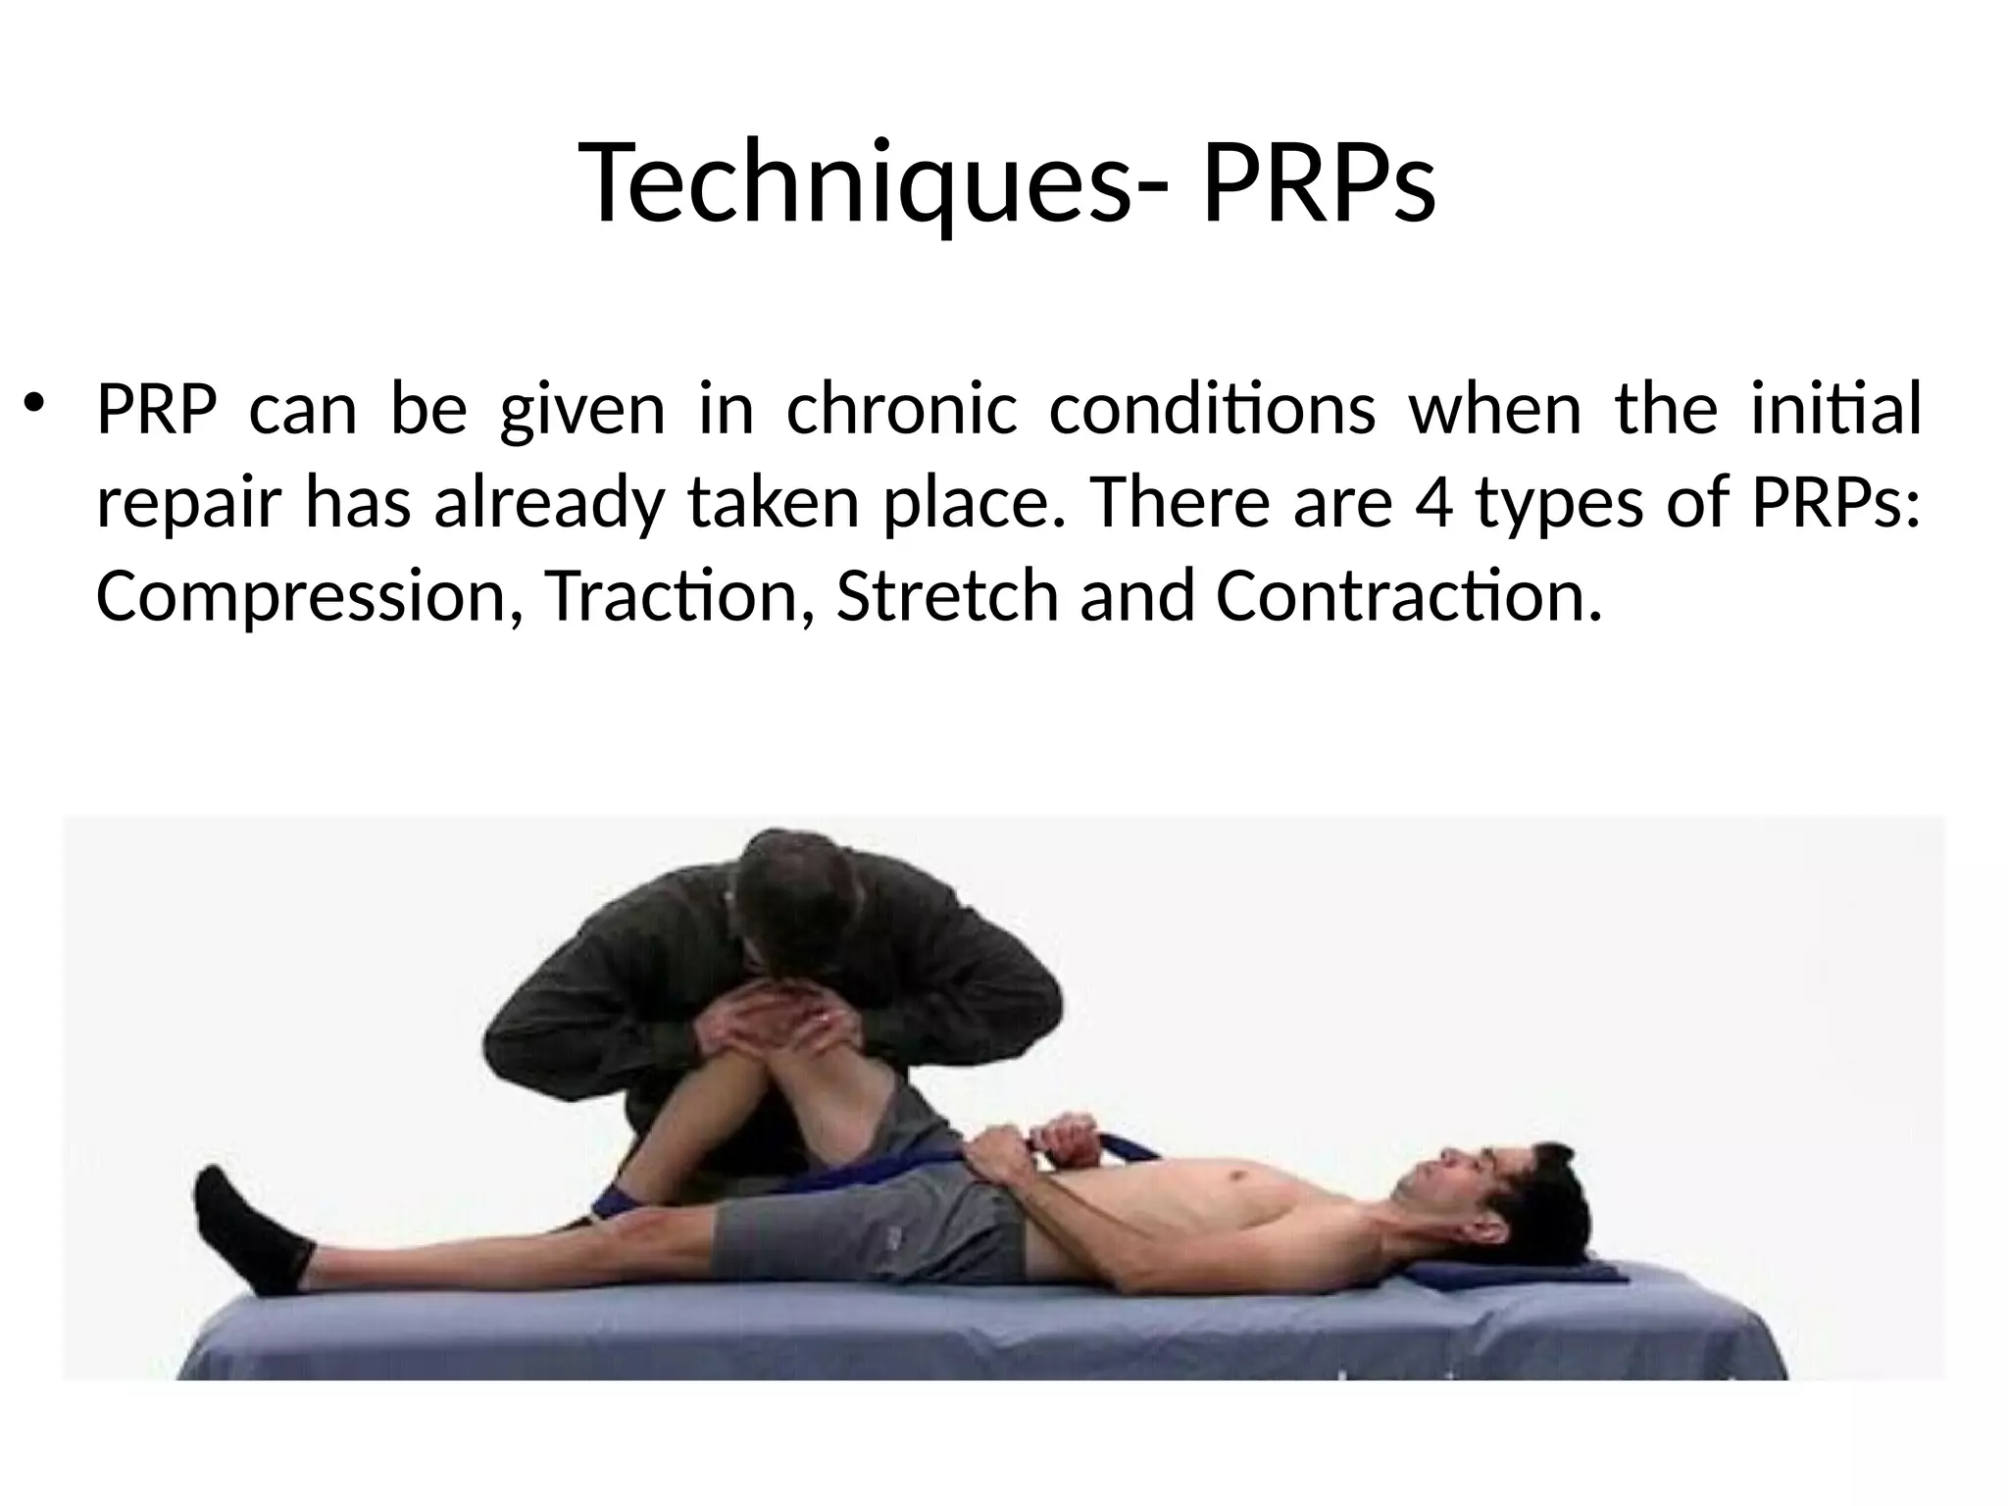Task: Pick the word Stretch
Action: [x=947, y=596]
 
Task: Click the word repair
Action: [x=190, y=504]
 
